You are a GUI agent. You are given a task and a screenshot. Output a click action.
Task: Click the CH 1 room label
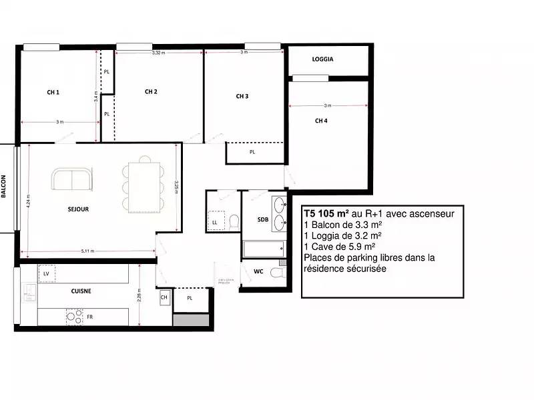point(53,93)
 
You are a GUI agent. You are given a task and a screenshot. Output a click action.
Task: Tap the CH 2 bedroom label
point(151,92)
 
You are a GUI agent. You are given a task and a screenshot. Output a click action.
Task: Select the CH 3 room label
point(242,97)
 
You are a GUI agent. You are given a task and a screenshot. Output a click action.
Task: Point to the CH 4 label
point(321,121)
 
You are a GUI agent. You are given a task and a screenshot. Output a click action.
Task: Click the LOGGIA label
point(322,59)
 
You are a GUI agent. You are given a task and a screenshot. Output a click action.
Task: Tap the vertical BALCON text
point(4,187)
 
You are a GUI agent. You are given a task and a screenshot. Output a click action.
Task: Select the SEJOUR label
point(78,209)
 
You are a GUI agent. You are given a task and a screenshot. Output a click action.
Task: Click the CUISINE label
point(81,291)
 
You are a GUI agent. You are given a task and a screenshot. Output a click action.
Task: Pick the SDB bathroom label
point(263,220)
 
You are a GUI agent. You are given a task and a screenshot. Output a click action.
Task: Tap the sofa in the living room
point(73,179)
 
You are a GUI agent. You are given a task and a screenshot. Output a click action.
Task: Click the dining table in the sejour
point(144,184)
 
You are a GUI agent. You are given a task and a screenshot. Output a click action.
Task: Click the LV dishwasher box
point(47,274)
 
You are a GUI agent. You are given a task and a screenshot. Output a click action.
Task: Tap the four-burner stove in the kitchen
point(74,317)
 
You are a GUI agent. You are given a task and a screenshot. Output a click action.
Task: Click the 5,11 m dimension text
point(87,251)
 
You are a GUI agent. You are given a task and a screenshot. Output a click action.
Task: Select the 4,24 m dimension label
point(28,200)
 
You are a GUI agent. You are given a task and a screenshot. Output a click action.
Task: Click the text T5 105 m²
point(327,214)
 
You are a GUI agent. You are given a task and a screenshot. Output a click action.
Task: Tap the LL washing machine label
point(215,221)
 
